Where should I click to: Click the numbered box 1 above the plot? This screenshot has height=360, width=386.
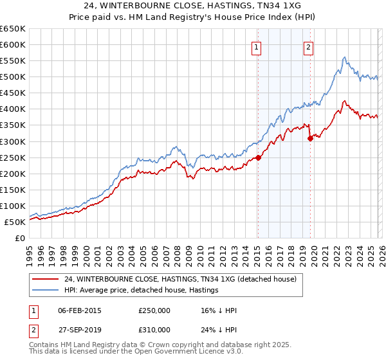pyautogui.click(x=257, y=46)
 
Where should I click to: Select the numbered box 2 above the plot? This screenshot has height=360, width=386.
pyautogui.click(x=309, y=46)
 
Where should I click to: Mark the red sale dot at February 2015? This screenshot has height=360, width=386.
pyautogui.click(x=258, y=157)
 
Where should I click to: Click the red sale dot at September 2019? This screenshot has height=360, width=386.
pyautogui.click(x=310, y=138)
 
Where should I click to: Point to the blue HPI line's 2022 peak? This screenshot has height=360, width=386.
pyautogui.click(x=345, y=57)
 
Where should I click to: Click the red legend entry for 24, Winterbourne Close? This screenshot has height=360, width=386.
pyautogui.click(x=180, y=279)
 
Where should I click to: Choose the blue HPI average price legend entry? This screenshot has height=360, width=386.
pyautogui.click(x=142, y=290)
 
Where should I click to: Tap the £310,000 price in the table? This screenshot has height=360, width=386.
pyautogui.click(x=154, y=331)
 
